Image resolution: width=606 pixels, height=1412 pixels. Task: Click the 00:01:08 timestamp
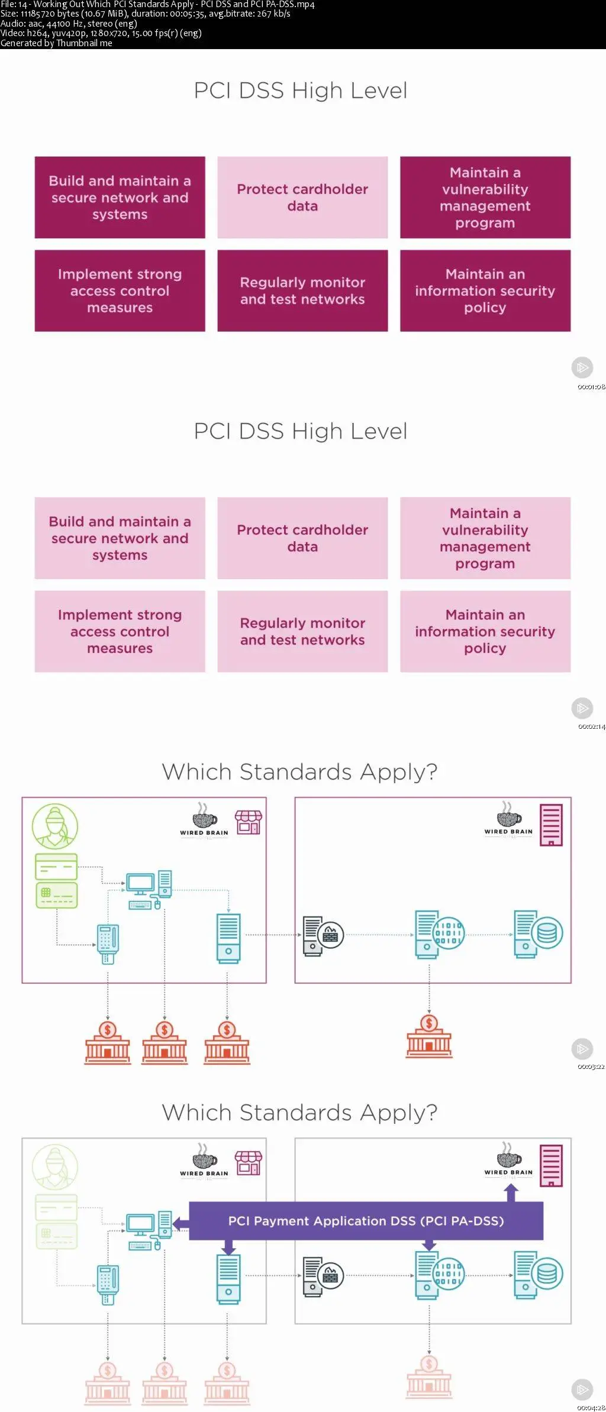point(591,387)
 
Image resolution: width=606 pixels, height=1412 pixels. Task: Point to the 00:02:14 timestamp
point(591,727)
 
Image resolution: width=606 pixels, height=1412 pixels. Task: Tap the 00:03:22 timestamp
point(591,1067)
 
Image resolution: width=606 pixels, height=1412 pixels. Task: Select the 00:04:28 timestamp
point(591,1407)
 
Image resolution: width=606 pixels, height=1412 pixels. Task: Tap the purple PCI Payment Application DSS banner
point(366,1221)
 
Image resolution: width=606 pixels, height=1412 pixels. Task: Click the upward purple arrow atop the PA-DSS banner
point(511,1193)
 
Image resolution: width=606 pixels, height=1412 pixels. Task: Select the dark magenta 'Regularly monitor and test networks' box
point(302,290)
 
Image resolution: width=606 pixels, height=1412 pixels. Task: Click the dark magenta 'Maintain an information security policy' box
point(485,290)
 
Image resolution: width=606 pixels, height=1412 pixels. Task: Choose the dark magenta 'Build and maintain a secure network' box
point(120,198)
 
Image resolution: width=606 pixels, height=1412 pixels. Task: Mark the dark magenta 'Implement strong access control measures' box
point(120,290)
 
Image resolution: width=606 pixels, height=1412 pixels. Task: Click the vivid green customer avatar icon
point(55,826)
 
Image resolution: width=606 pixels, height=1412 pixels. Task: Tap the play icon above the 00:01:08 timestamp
point(582,367)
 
